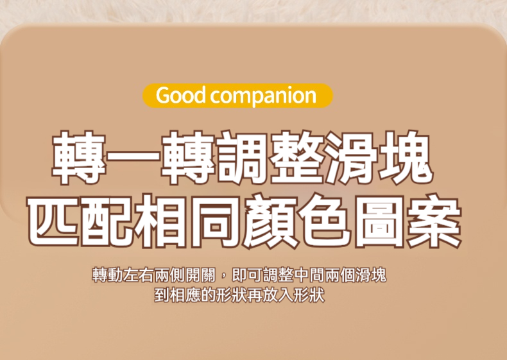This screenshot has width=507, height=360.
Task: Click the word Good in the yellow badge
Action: pyautogui.click(x=181, y=96)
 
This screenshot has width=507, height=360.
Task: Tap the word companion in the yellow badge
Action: pyautogui.click(x=263, y=97)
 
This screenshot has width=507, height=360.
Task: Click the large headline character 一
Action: pyautogui.click(x=133, y=157)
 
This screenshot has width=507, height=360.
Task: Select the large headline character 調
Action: pyautogui.click(x=242, y=157)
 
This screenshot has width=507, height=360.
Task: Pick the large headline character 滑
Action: pyautogui.click(x=352, y=157)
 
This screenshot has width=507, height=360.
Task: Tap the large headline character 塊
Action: pyautogui.click(x=406, y=157)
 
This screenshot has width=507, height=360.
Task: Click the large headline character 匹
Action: pyautogui.click(x=53, y=221)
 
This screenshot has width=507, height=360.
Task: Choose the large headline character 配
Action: pyautogui.click(x=108, y=221)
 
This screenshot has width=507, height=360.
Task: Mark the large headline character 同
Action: pyautogui.click(x=217, y=221)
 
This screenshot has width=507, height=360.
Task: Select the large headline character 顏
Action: pyautogui.click(x=271, y=221)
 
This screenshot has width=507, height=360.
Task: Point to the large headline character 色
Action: pyautogui.click(x=326, y=221)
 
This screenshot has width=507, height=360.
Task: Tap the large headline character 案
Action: pyautogui.click(x=435, y=221)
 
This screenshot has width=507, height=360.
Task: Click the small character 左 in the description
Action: pyautogui.click(x=131, y=275)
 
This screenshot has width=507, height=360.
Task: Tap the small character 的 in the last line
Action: pyautogui.click(x=209, y=295)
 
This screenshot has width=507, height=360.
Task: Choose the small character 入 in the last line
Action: pyautogui.click(x=286, y=295)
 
